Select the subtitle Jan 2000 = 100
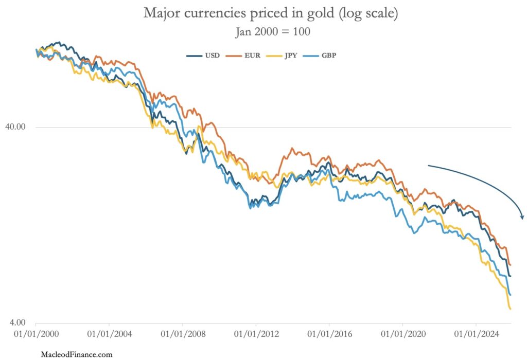273,31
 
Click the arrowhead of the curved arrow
522,217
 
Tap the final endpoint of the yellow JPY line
510,309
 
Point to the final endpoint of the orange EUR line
510,264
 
